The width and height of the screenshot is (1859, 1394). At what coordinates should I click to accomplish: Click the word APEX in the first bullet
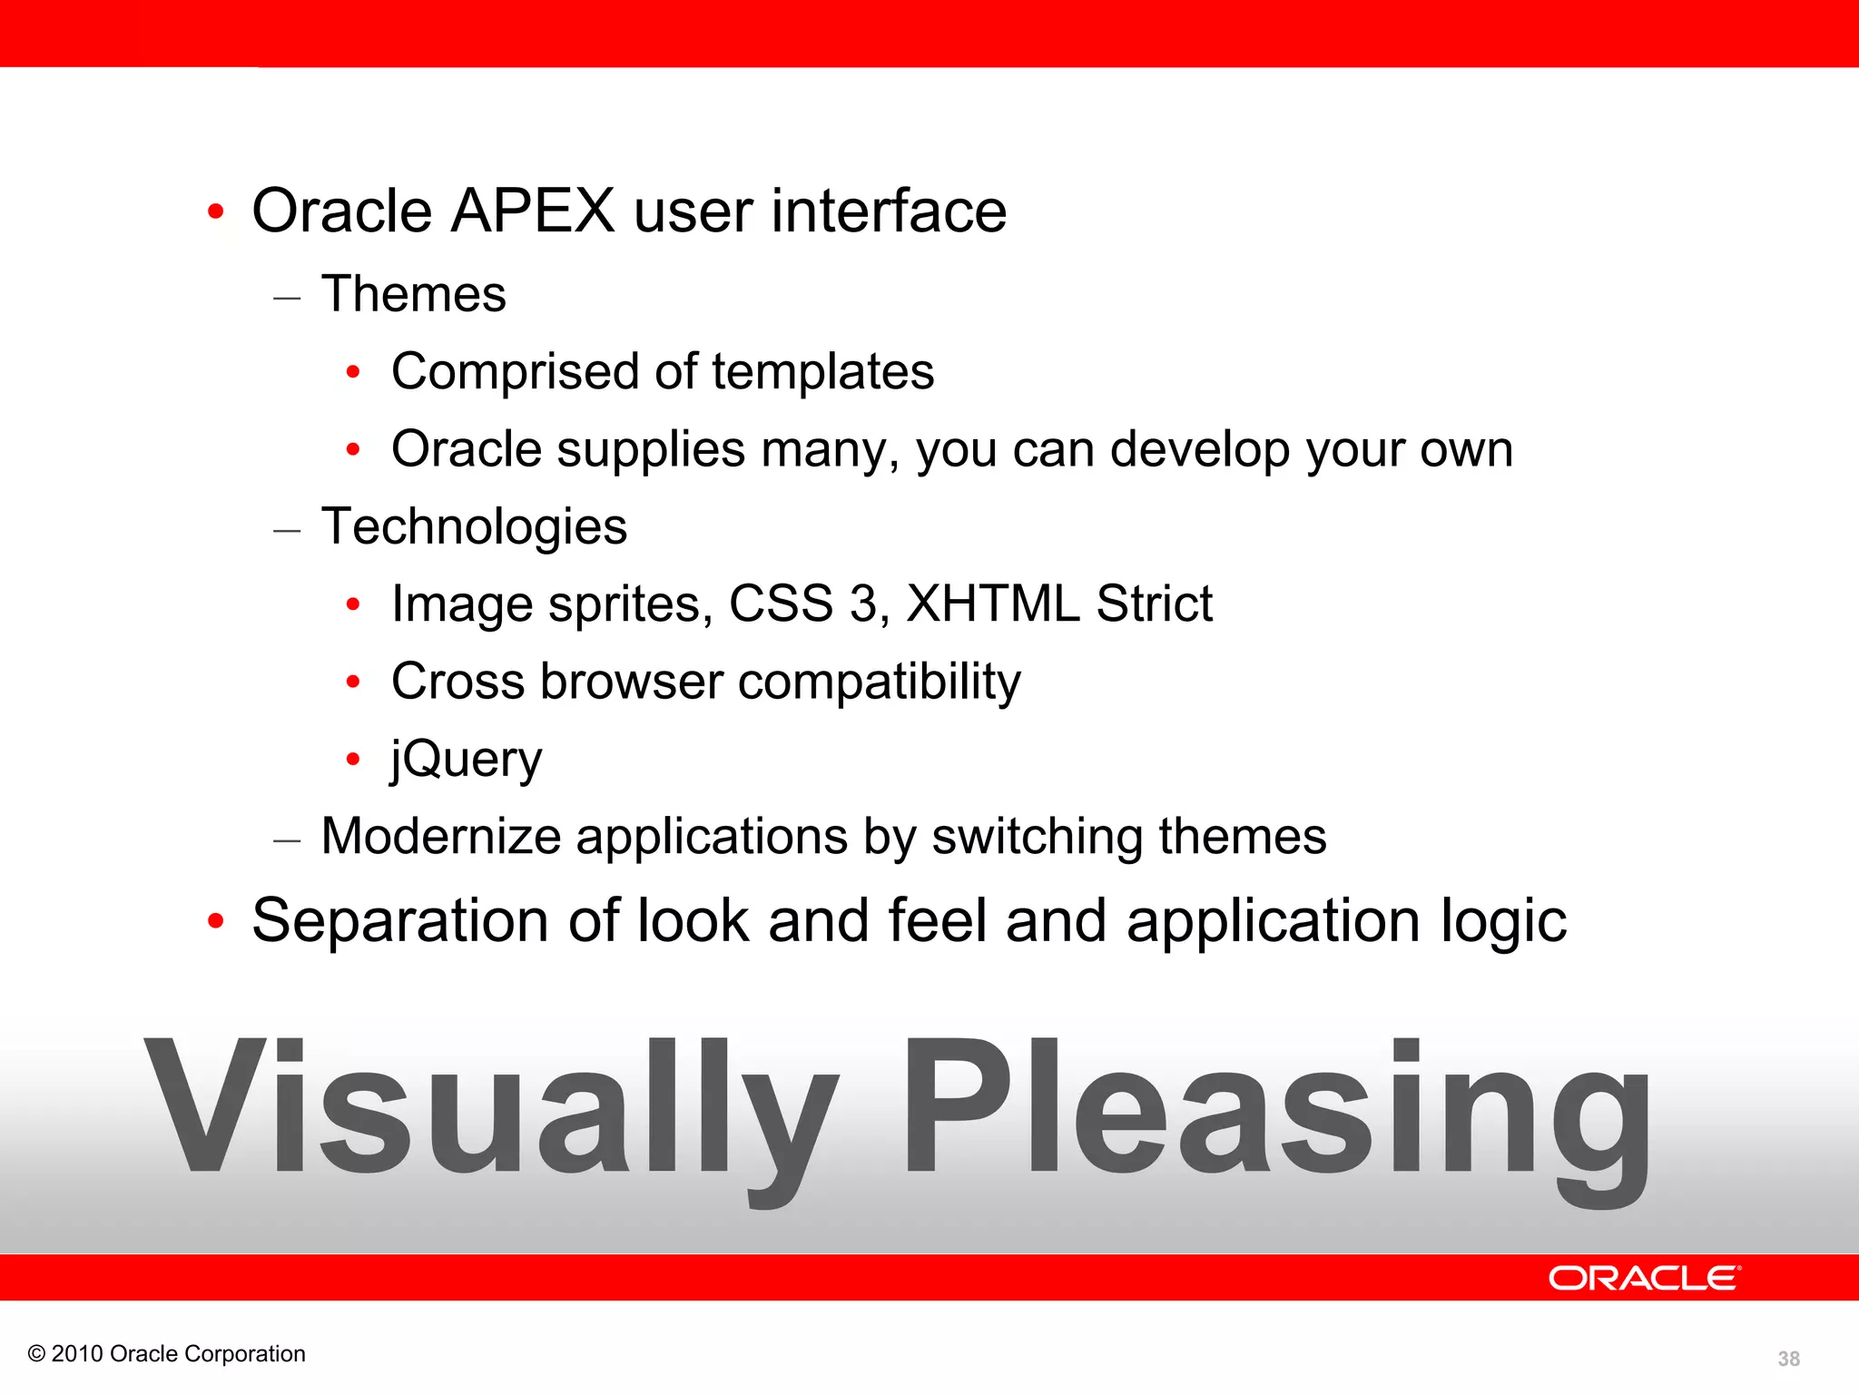(x=533, y=211)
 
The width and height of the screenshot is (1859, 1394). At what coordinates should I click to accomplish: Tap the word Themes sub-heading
(x=414, y=295)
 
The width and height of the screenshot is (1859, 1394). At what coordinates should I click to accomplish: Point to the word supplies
(x=651, y=450)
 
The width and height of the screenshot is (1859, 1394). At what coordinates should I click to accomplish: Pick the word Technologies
(x=474, y=527)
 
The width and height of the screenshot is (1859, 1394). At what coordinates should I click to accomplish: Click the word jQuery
(x=467, y=760)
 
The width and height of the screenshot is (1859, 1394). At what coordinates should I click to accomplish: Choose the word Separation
(x=400, y=921)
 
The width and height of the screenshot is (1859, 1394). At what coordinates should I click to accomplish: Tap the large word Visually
(x=490, y=1112)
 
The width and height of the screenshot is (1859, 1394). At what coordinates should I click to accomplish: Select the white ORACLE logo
(x=1644, y=1279)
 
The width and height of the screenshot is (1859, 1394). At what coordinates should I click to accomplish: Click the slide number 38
(x=1788, y=1359)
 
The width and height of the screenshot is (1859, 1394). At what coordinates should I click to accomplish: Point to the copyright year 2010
(x=76, y=1354)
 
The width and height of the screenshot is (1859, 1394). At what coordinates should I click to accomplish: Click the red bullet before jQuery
(x=353, y=759)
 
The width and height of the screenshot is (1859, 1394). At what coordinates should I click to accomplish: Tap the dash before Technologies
(x=287, y=530)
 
